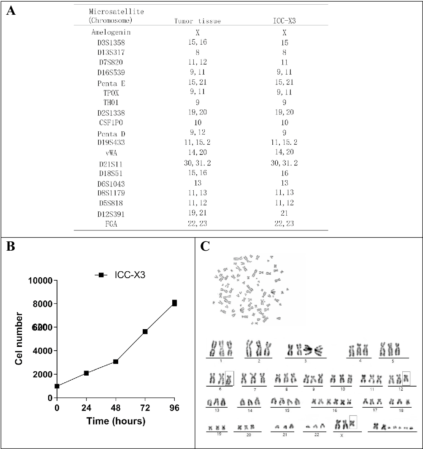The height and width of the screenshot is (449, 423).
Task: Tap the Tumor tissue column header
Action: click(x=198, y=21)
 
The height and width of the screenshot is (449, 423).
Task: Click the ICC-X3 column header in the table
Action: click(x=285, y=21)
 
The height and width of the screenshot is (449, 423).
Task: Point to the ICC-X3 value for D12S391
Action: click(x=285, y=214)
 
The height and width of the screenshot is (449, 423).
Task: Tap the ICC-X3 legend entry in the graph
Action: click(x=129, y=275)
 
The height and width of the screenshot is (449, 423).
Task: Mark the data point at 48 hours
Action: click(x=115, y=362)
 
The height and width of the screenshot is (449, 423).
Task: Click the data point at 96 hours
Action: click(x=174, y=303)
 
